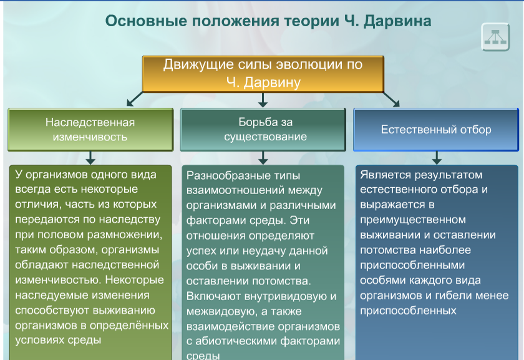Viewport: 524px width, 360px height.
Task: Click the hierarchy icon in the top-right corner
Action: click(496, 37)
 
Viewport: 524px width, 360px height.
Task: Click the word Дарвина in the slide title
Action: click(397, 21)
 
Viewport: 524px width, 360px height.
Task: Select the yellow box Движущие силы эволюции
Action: click(263, 74)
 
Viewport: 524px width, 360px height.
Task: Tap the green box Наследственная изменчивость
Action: click(90, 129)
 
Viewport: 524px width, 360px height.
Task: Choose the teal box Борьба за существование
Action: click(263, 129)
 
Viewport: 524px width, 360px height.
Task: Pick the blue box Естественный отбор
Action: click(435, 130)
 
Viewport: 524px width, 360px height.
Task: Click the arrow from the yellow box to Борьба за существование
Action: click(263, 100)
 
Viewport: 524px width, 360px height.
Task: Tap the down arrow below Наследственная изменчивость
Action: click(90, 157)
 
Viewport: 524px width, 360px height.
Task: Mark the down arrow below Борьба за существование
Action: click(263, 157)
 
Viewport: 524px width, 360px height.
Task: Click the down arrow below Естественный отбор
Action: click(436, 157)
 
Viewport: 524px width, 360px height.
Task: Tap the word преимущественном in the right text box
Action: click(413, 220)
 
